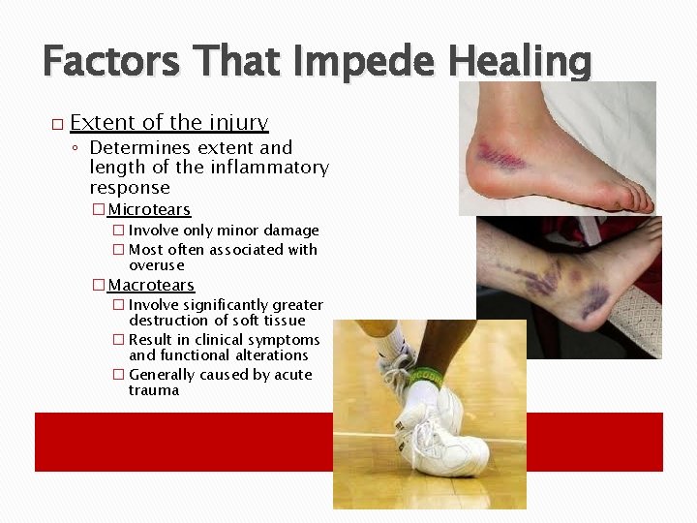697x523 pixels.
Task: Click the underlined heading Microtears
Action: coord(148,210)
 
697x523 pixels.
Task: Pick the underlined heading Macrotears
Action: coord(151,286)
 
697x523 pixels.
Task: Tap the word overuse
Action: coord(156,265)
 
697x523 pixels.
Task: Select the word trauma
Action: coord(154,390)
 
